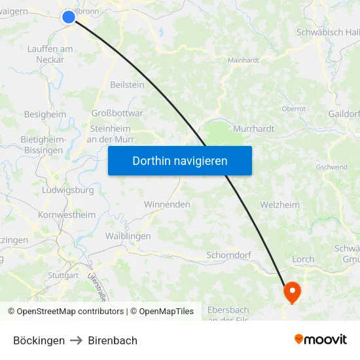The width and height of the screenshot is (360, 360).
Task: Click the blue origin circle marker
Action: (69, 17)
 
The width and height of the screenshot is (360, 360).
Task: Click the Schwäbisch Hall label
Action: (327, 32)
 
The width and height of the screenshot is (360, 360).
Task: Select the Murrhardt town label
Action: (253, 129)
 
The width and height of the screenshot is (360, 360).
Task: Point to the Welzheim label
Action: (279, 205)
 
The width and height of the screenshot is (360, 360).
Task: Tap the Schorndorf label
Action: (229, 255)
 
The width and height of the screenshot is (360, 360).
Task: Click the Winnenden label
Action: (167, 204)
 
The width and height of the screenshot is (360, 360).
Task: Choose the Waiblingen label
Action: (128, 236)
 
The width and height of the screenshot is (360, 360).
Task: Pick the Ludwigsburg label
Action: (67, 190)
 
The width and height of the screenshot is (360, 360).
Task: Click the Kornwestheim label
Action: (67, 215)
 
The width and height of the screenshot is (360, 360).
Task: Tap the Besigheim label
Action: (45, 114)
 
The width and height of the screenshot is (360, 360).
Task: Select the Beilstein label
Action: (127, 84)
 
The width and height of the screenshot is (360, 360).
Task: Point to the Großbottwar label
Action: (117, 113)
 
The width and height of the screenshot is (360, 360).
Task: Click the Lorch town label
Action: (303, 259)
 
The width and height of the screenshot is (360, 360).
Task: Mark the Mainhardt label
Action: (243, 60)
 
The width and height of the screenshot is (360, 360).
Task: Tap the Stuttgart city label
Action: (63, 276)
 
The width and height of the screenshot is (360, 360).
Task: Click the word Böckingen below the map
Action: (39, 340)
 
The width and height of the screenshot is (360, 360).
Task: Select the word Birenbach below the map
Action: (113, 340)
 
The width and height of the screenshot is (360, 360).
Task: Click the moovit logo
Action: (321, 339)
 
